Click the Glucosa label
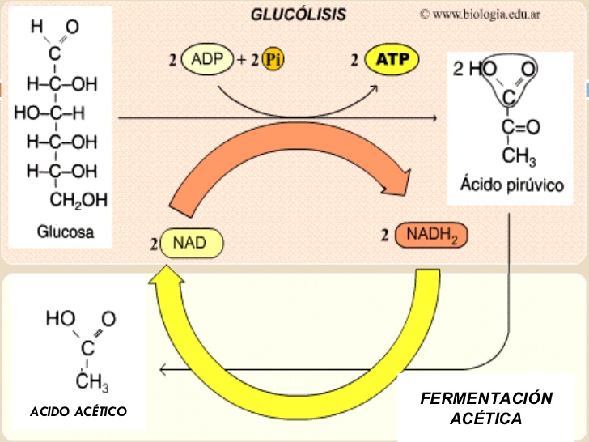[66, 232]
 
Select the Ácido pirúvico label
[512, 185]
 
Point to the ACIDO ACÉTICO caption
[78, 412]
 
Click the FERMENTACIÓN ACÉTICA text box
[487, 408]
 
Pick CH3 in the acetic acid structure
[91, 379]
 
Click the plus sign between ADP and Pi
[241, 60]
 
